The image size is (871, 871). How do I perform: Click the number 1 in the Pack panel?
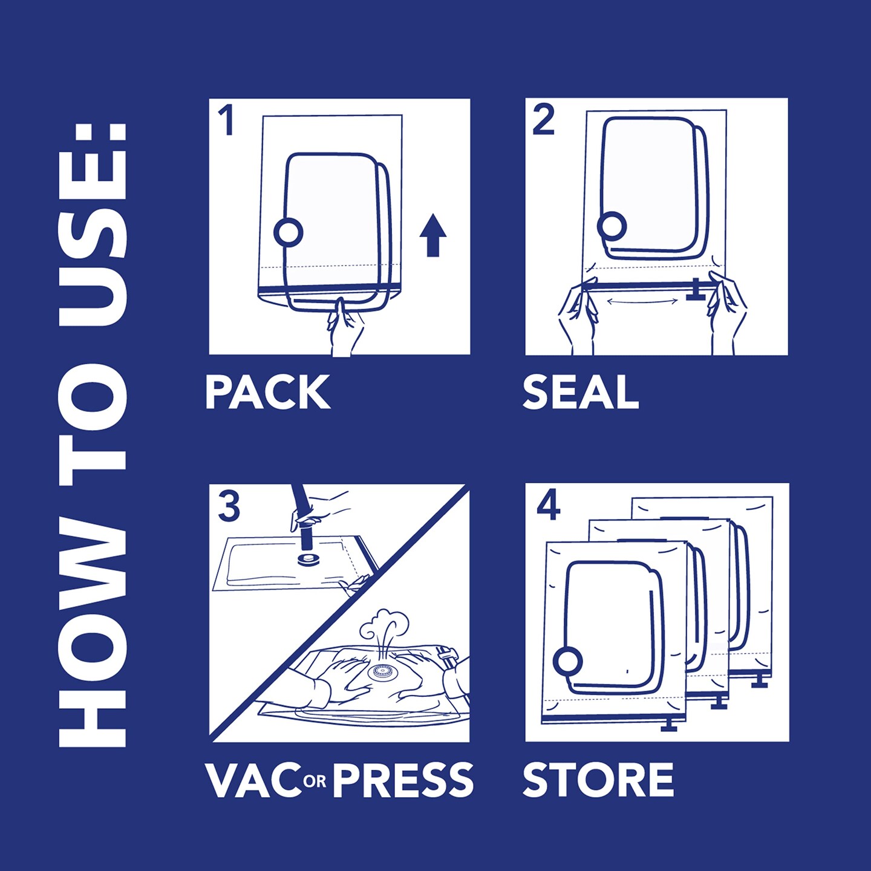[226, 120]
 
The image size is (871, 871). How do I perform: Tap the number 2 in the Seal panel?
[543, 120]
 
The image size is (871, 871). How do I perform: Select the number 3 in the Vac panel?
[229, 507]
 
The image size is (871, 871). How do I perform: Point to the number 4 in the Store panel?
[548, 505]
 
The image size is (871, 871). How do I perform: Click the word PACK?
[267, 393]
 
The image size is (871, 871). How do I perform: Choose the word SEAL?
[580, 393]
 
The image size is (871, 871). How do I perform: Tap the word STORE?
[598, 780]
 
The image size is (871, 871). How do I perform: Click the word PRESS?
[403, 780]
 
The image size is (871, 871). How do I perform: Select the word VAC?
[253, 780]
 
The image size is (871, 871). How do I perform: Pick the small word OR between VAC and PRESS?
[315, 782]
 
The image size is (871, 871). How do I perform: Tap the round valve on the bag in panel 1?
[288, 232]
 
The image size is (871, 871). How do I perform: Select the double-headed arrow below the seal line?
[642, 301]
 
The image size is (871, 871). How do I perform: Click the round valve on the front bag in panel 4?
[567, 661]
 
